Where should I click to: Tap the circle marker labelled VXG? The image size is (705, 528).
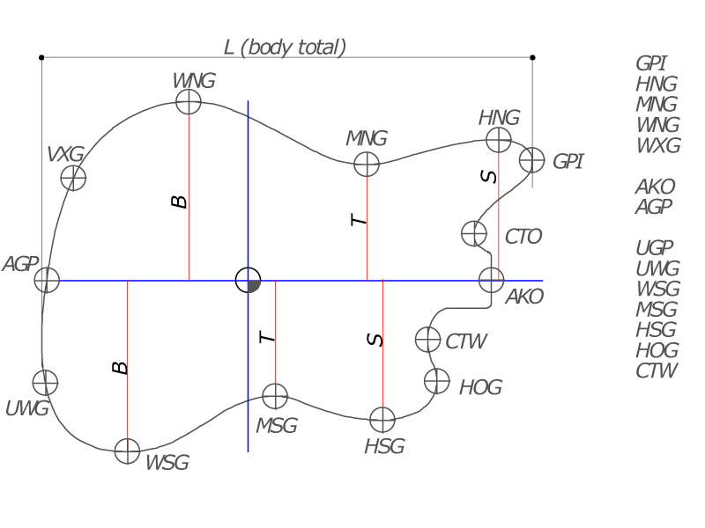pyautogui.click(x=73, y=178)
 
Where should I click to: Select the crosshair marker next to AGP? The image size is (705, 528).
pyautogui.click(x=46, y=280)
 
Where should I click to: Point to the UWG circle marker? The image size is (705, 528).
pyautogui.click(x=45, y=383)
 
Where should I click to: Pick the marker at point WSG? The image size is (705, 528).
pyautogui.click(x=128, y=451)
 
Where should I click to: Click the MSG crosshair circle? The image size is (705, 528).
pyautogui.click(x=276, y=396)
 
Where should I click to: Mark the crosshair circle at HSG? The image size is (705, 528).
pyautogui.click(x=382, y=420)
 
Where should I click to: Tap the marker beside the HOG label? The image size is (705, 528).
pyautogui.click(x=436, y=381)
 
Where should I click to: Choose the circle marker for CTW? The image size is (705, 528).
pyautogui.click(x=427, y=339)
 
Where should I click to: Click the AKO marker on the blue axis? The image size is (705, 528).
pyautogui.click(x=491, y=280)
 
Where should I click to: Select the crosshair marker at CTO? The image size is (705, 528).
pyautogui.click(x=474, y=234)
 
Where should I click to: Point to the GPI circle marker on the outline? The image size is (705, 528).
pyautogui.click(x=531, y=160)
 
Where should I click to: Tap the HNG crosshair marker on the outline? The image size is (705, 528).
pyautogui.click(x=499, y=139)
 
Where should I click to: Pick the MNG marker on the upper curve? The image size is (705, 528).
pyautogui.click(x=366, y=164)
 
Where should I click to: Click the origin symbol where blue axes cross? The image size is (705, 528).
pyautogui.click(x=249, y=280)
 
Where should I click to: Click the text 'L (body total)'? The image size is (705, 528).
pyautogui.click(x=285, y=47)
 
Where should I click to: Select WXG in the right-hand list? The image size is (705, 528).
pyautogui.click(x=657, y=146)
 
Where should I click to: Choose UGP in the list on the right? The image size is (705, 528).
pyautogui.click(x=656, y=248)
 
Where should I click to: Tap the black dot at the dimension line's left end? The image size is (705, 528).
pyautogui.click(x=41, y=57)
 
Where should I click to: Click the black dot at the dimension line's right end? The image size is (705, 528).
pyautogui.click(x=532, y=57)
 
